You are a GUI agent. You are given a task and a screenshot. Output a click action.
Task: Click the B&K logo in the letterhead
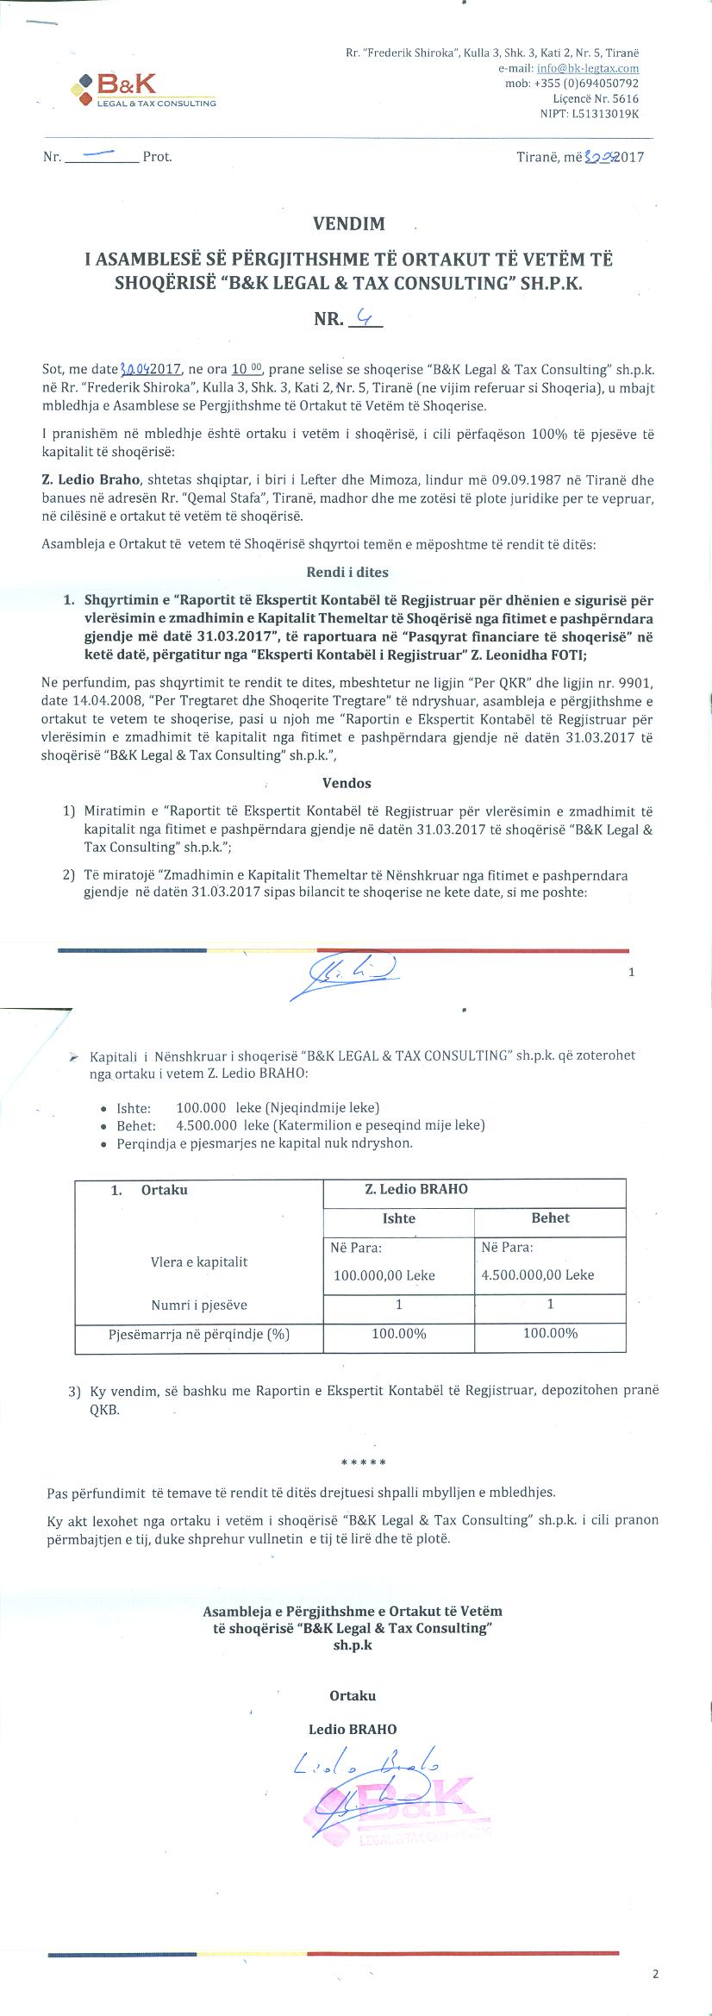(145, 90)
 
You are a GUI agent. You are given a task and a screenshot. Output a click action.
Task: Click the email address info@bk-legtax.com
(587, 68)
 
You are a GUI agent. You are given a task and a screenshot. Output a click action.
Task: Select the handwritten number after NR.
(366, 318)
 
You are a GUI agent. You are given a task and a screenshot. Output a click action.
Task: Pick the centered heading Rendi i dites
(347, 572)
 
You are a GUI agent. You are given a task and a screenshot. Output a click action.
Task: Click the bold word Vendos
(347, 783)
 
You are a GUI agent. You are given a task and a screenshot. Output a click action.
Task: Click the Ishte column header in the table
(398, 1218)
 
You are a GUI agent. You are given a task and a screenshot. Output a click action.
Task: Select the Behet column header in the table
(550, 1218)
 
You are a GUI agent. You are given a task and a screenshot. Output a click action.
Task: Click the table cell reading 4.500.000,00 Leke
(538, 1274)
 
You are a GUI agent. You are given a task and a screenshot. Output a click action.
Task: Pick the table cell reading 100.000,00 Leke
(384, 1275)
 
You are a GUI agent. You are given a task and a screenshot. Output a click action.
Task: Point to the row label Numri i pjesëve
(199, 1305)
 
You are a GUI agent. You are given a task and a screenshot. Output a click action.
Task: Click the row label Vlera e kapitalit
(199, 1262)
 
